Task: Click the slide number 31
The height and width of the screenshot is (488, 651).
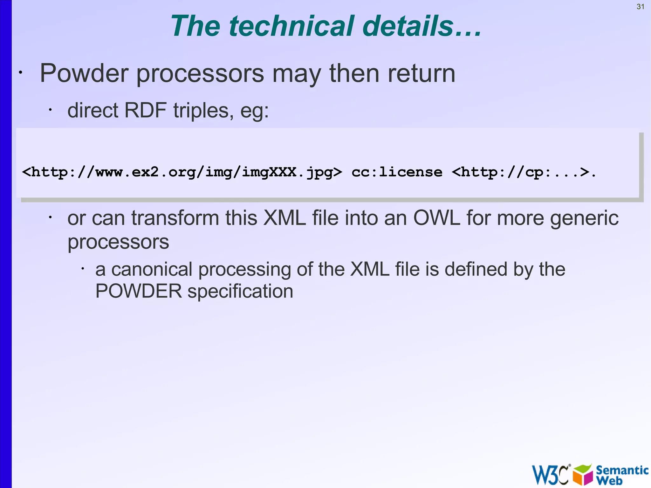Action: pos(640,7)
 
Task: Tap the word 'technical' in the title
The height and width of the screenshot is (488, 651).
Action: pos(291,26)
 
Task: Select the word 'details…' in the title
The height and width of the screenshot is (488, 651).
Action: pos(422,26)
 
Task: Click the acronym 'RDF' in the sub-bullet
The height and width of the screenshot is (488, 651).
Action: pos(145,110)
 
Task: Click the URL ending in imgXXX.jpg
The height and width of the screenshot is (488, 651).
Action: pos(182,172)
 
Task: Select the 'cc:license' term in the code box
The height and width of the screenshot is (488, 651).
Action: pos(397,172)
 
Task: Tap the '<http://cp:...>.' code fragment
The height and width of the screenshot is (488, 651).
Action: pos(524,172)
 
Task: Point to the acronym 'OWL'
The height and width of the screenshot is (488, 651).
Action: pos(436,218)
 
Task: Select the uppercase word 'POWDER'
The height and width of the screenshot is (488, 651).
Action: pos(139,291)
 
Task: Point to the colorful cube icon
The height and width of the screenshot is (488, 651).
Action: pos(583,475)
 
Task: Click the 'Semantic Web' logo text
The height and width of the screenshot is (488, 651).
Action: pos(621,475)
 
